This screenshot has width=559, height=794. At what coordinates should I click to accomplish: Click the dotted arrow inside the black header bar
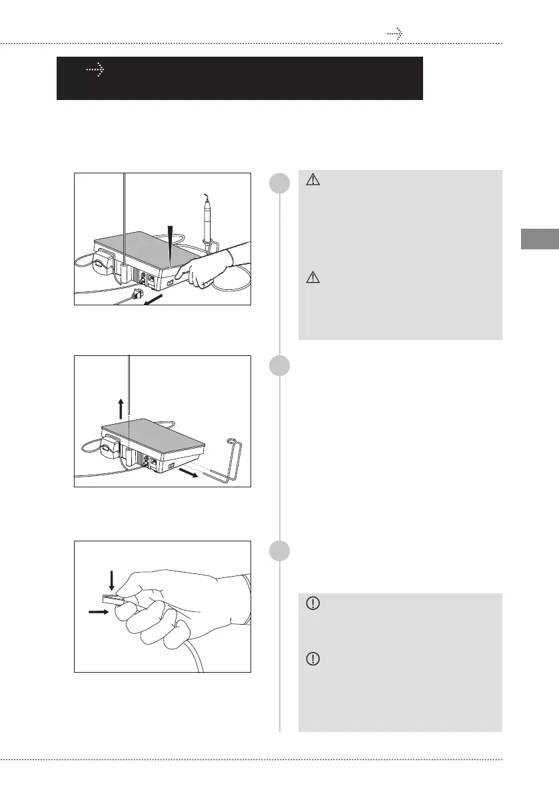tap(97, 69)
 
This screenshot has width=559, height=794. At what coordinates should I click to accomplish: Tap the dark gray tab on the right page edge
tap(538, 239)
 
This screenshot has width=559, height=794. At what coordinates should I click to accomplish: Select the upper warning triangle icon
tap(310, 179)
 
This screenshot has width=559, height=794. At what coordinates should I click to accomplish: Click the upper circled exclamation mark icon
tap(310, 603)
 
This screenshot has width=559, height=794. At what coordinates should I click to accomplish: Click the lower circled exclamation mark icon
tap(310, 659)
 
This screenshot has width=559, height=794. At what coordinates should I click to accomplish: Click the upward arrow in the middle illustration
tap(121, 406)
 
